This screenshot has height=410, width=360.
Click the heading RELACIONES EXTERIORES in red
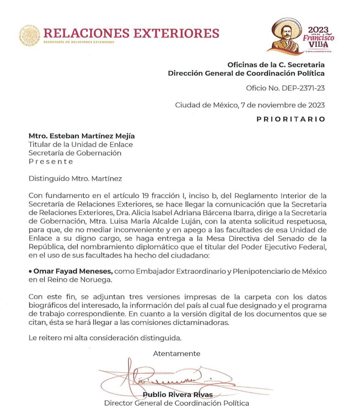[x=131, y=33]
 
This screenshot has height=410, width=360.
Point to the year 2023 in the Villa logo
[x=318, y=30]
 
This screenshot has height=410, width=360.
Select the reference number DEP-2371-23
[x=303, y=88]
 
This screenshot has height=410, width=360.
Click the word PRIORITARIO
[x=291, y=119]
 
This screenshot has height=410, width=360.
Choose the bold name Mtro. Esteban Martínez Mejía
[x=81, y=136]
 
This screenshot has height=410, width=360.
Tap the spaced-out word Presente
[x=51, y=162]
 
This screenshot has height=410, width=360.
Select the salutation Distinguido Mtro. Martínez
[x=75, y=179]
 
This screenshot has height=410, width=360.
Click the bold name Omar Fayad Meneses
[x=73, y=271]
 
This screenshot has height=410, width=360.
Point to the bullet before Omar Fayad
[x=30, y=271]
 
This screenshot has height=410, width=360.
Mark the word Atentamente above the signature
[x=176, y=354]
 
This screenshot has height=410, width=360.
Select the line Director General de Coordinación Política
[x=177, y=403]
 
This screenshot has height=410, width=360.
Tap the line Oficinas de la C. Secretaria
[x=276, y=65]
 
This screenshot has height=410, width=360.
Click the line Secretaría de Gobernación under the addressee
[x=75, y=153]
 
